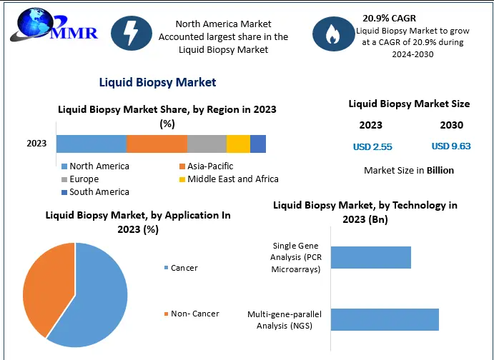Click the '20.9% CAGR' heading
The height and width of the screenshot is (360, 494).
pos(389,18)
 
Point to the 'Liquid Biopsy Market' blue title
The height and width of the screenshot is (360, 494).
pos(159,82)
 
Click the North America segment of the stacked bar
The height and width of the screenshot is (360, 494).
pos(92,144)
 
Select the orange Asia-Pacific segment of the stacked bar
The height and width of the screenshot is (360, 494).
pos(157,144)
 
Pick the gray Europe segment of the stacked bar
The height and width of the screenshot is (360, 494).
pos(207,144)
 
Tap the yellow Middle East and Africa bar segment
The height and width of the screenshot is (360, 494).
pos(238,144)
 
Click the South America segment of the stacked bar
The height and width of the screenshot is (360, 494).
pos(258,144)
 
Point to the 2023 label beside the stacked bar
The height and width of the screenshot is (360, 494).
pos(36,144)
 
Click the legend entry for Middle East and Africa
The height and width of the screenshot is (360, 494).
pos(227,179)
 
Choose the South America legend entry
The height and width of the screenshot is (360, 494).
pos(94,191)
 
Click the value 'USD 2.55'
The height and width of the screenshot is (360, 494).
pos(372,147)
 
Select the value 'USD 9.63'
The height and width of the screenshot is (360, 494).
pos(451,146)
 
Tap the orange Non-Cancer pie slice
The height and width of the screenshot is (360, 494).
pos(46,286)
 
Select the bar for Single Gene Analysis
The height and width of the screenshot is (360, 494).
pos(370,257)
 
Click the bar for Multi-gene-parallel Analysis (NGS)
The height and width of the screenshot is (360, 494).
pos(384,319)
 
